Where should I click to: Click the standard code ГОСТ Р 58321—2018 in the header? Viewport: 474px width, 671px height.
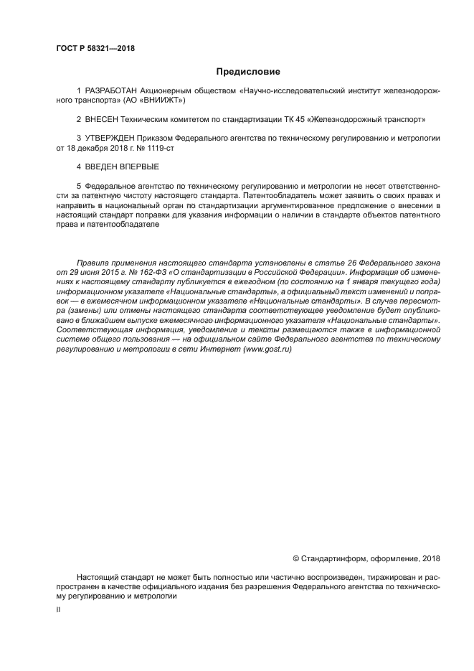point(95,49)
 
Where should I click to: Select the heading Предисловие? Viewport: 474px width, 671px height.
point(248,72)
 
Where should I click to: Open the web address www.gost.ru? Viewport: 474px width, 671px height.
point(267,349)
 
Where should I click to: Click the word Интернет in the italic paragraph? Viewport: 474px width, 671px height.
point(222,349)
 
